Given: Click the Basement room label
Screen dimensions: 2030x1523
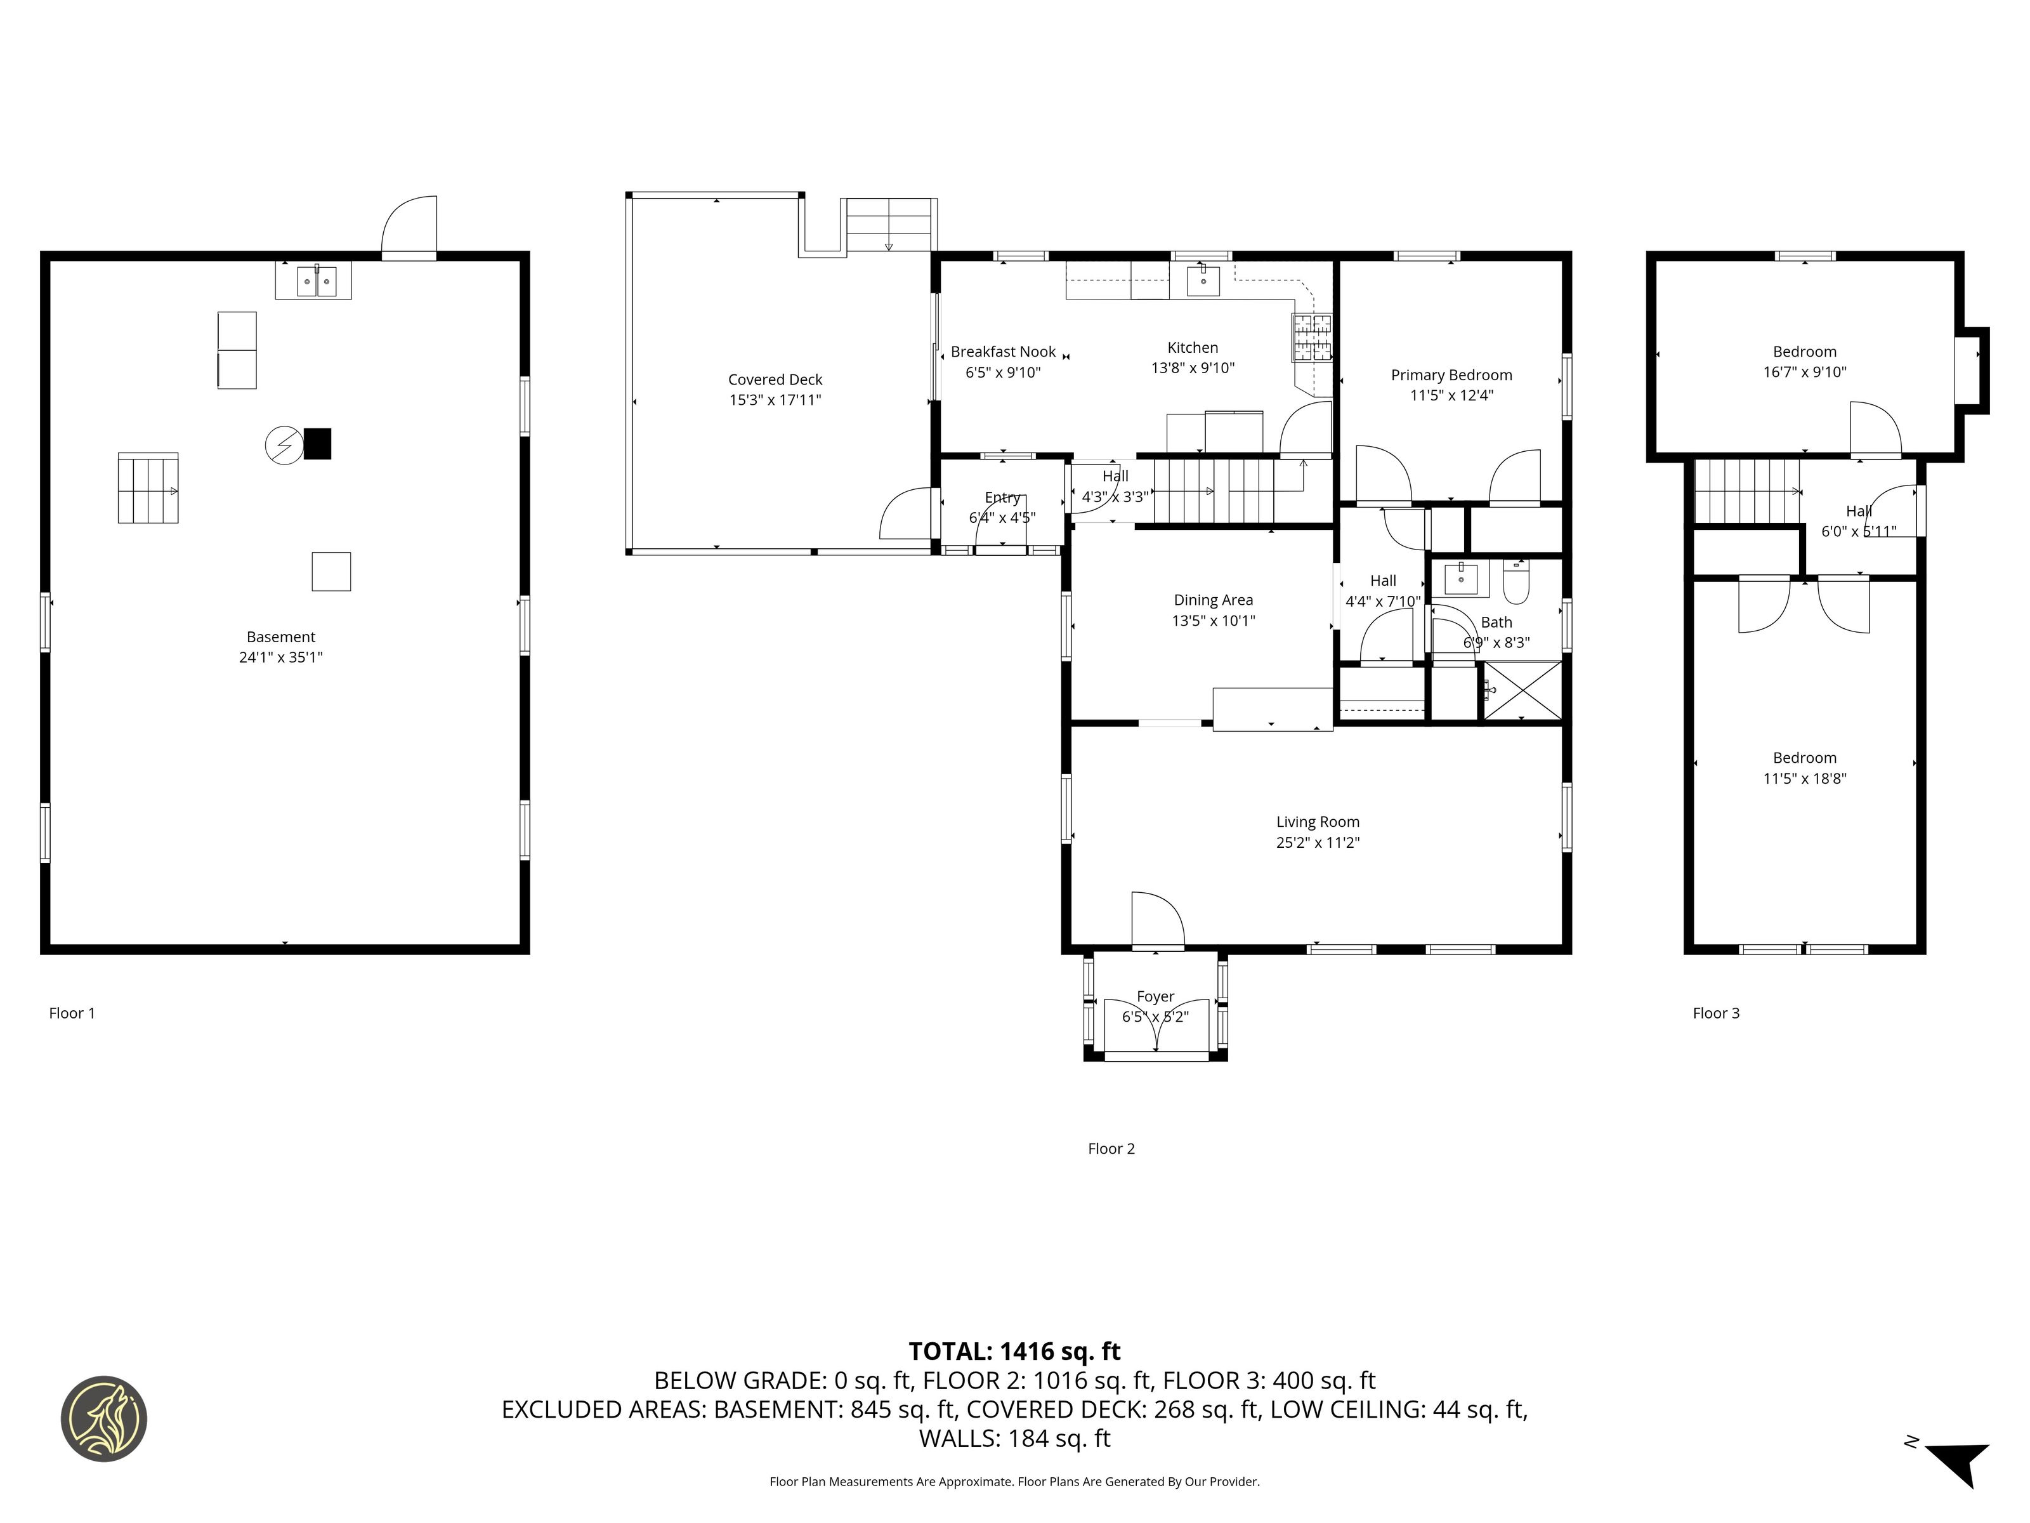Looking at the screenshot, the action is click(281, 637).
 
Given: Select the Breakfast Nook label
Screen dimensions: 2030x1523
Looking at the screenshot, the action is click(1003, 352).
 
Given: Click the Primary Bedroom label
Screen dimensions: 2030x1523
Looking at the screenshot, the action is click(1451, 374).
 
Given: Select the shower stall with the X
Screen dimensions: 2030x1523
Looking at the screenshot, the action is click(1523, 690).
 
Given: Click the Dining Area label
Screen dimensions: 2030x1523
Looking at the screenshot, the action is click(1213, 600).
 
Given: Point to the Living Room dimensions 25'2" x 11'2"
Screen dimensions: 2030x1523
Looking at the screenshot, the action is click(1318, 843).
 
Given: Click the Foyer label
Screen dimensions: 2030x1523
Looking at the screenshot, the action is click(1155, 996).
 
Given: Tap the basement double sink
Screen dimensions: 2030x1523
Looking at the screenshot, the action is click(317, 281).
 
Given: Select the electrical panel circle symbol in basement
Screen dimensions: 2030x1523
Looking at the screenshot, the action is click(284, 445).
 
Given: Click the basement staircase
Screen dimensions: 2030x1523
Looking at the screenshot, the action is click(148, 489).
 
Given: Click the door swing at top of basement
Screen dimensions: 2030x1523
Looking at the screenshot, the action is click(409, 224).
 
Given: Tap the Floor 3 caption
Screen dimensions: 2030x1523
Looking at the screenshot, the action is click(1716, 1013).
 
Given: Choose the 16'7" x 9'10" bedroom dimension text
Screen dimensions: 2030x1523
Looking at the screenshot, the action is click(1804, 373).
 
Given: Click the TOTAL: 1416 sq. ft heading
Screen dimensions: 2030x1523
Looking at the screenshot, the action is click(1015, 1351).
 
